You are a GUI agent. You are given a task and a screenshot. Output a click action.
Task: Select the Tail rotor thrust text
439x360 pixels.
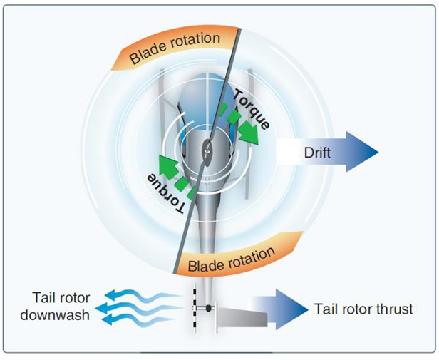(x=363, y=309)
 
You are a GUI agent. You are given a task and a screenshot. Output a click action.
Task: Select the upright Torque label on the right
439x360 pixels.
(x=250, y=109)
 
